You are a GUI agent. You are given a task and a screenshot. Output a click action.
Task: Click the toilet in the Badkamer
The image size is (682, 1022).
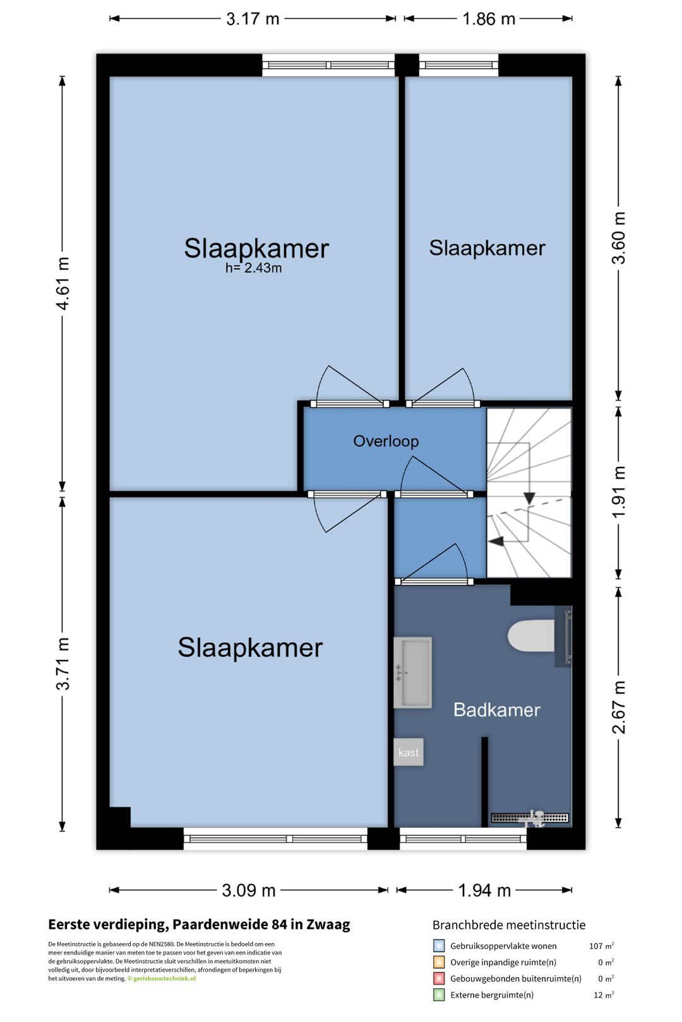pos(531,635)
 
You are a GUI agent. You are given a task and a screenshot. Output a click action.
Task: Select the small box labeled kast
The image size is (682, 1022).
pos(409,752)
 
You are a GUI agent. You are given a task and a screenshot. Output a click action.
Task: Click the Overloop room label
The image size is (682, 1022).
pos(386,441)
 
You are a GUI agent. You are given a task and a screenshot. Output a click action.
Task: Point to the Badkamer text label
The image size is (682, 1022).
pos(496,710)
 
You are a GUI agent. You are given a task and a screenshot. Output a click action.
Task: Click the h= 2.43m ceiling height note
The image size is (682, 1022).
pos(253,268)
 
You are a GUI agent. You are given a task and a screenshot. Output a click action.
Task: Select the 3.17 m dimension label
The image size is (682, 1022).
pos(253,19)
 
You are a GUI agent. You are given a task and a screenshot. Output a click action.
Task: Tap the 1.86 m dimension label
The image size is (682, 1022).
pos(489,19)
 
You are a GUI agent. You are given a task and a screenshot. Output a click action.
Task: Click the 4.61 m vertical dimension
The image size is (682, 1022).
pos(63,283)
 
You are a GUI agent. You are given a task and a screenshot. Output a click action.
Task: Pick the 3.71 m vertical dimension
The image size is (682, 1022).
pos(63,664)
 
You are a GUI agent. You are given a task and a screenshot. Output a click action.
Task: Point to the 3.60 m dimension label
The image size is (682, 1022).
pos(618,238)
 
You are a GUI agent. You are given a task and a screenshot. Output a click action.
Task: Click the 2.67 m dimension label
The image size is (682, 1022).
pos(618,707)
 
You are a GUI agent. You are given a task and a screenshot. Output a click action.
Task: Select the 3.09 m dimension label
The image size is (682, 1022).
pos(249,890)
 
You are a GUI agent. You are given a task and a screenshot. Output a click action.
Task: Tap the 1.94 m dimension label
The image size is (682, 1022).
pos(484,890)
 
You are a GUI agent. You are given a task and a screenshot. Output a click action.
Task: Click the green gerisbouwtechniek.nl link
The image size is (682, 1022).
pos(164,978)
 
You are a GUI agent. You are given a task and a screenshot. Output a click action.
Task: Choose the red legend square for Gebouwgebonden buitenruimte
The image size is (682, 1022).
pos(439,978)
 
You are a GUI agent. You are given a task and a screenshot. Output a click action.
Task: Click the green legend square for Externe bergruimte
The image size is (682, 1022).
pos(439,995)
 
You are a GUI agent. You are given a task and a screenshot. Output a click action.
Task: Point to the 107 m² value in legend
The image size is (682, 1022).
pos(602,946)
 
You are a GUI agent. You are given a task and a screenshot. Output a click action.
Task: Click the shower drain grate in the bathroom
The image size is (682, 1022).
pos(530,818)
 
